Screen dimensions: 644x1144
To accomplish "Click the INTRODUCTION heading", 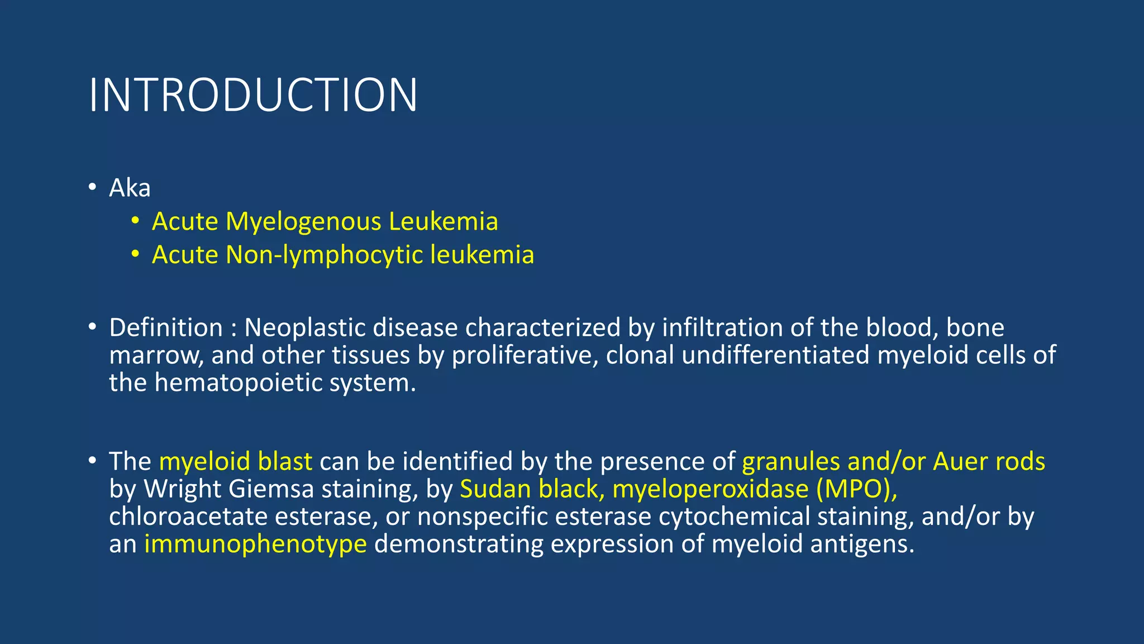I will (x=252, y=95).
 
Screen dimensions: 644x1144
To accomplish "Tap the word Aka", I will (x=130, y=188).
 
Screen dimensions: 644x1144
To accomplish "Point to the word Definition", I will (x=166, y=328).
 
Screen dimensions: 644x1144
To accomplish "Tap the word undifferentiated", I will (x=775, y=356).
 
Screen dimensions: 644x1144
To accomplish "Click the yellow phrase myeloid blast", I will (x=235, y=462).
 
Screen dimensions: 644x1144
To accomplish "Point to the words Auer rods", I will (x=989, y=462).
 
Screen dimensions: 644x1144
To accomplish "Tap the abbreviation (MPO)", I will (x=856, y=490).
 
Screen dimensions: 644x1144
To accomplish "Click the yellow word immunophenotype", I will (x=255, y=544).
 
